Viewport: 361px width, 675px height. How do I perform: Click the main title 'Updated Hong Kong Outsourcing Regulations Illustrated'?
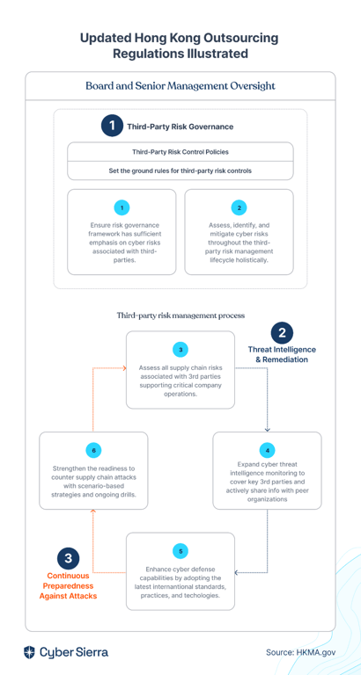click(x=180, y=46)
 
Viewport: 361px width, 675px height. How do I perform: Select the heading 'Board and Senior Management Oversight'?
click(x=180, y=85)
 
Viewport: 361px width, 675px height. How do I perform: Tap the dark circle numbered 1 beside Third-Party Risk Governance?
click(x=112, y=127)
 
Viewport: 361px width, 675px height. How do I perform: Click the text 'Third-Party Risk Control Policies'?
click(x=180, y=152)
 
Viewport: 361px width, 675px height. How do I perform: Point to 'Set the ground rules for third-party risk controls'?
click(x=180, y=171)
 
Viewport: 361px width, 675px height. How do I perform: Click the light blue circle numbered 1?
click(x=122, y=208)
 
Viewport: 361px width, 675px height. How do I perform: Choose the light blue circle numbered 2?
click(x=239, y=208)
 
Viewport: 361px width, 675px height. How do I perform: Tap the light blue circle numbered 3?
click(x=180, y=350)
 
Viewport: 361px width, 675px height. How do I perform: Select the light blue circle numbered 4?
click(x=268, y=451)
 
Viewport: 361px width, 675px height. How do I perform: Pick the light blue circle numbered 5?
click(x=180, y=551)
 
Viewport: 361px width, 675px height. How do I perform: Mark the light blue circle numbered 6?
click(x=93, y=451)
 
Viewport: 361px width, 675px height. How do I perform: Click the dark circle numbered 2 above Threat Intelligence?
click(x=282, y=333)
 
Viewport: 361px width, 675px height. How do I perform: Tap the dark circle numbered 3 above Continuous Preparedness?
click(x=68, y=558)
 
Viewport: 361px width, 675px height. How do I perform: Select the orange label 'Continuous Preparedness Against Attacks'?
click(x=68, y=586)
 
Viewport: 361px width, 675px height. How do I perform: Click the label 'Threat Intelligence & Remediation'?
click(x=282, y=354)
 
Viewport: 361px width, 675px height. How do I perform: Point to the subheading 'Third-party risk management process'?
click(x=180, y=316)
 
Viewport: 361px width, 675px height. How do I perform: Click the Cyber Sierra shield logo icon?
click(x=29, y=652)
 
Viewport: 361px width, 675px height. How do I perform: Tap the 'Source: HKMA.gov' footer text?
click(x=300, y=652)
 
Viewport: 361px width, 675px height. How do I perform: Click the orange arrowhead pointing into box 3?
click(x=124, y=368)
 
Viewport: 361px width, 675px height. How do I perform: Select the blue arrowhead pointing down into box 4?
click(x=268, y=429)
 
